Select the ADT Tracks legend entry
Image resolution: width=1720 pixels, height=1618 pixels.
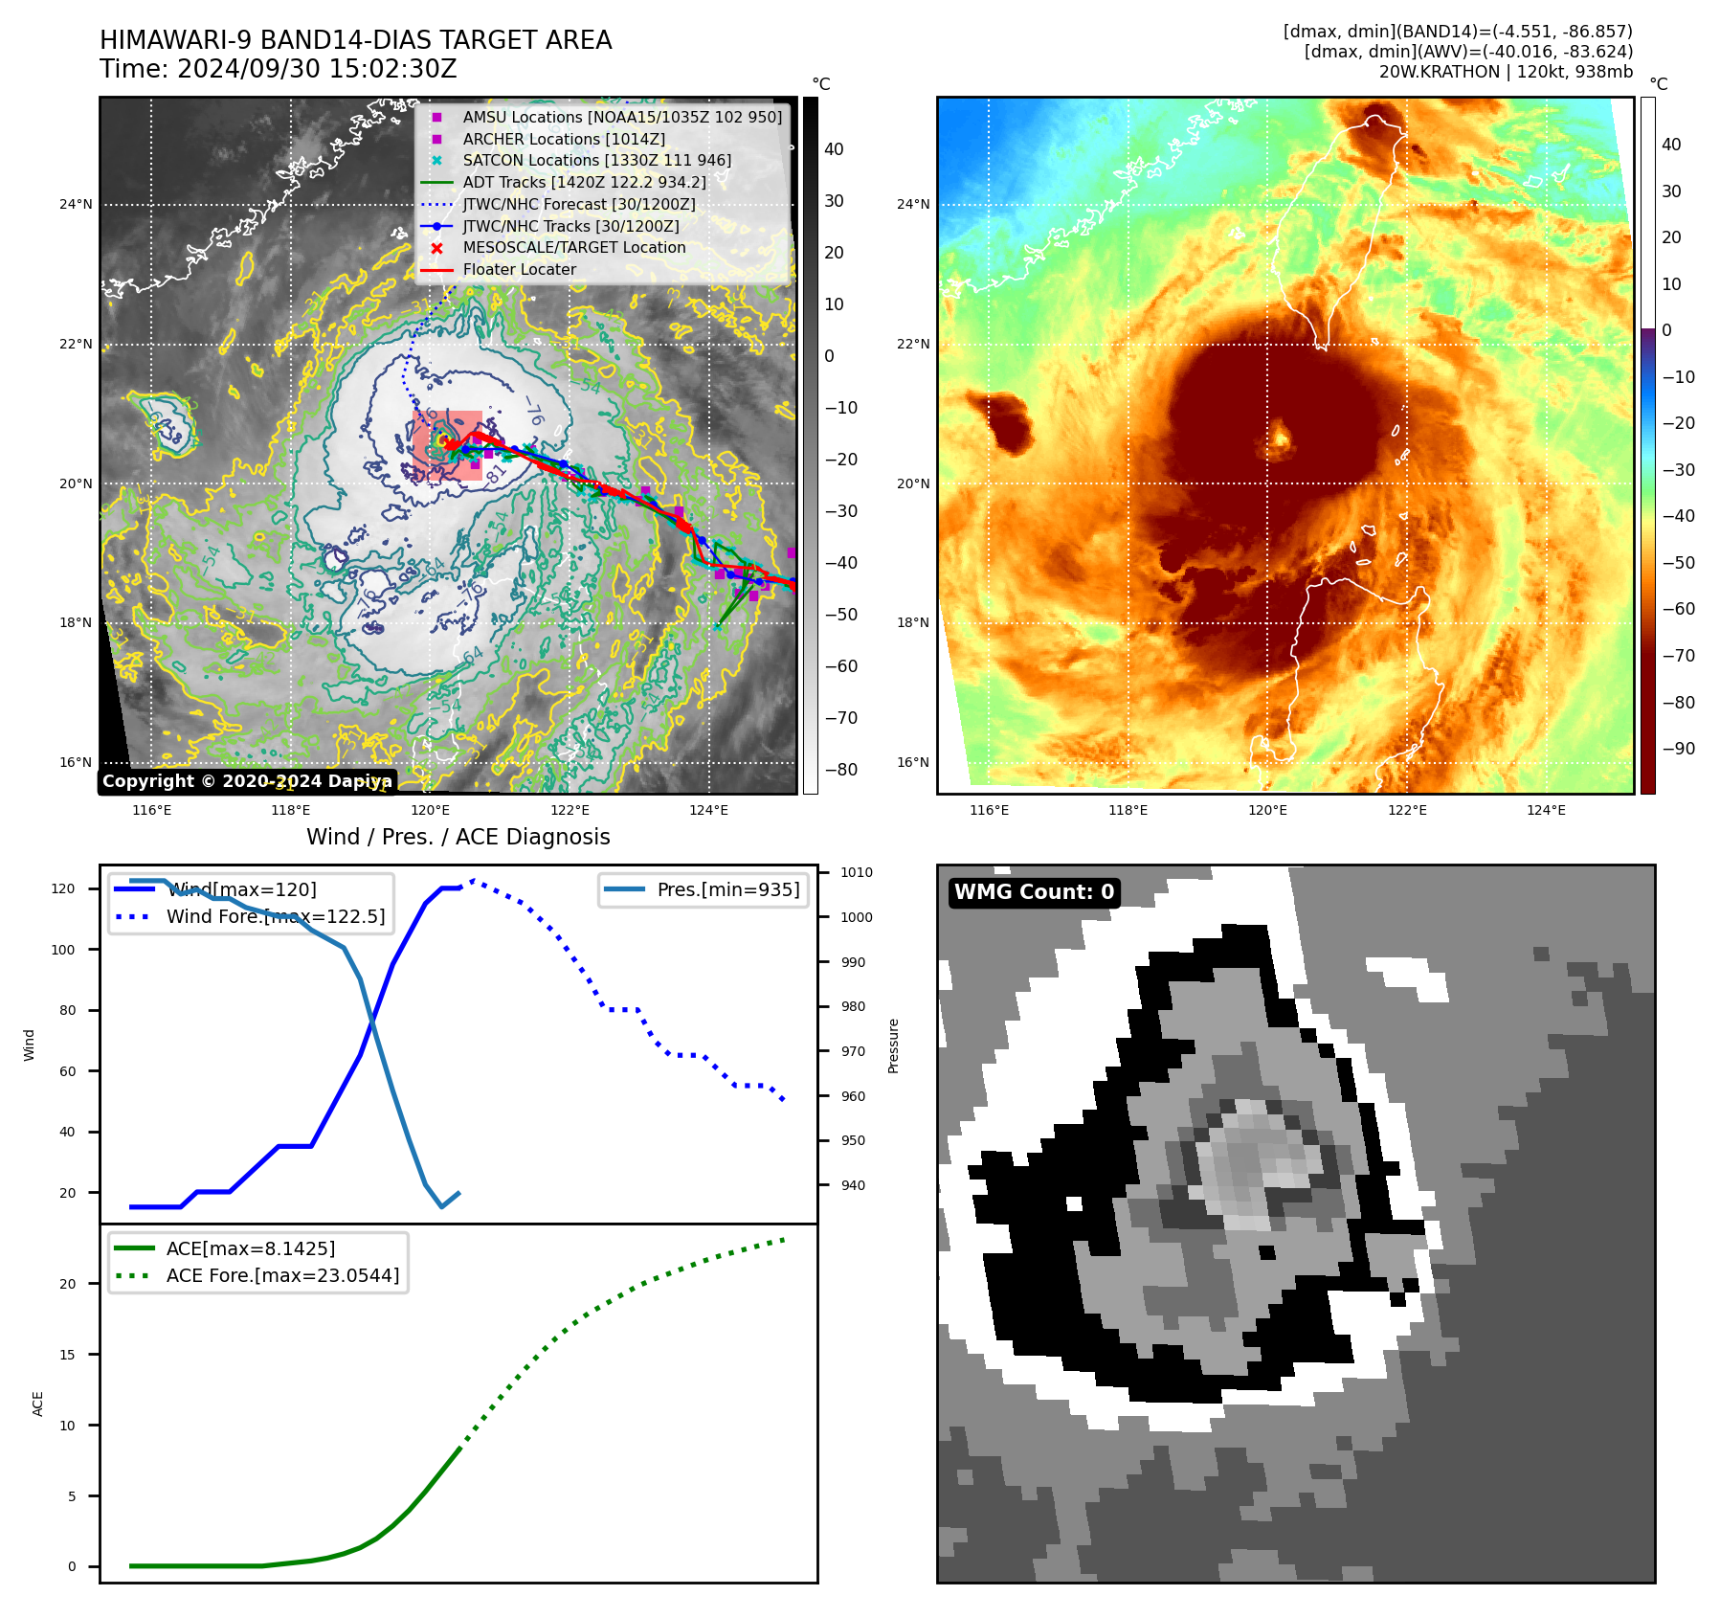[x=584, y=182]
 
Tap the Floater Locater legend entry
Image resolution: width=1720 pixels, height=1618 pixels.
[x=519, y=269]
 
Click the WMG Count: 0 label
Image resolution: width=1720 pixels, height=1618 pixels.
[x=1034, y=892]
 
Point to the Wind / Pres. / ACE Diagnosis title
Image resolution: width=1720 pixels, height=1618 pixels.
[x=458, y=837]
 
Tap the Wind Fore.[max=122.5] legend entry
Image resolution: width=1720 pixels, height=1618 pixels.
[x=276, y=916]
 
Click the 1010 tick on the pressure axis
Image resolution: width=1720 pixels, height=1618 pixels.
[x=856, y=872]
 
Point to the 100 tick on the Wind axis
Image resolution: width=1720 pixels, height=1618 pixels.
[x=62, y=950]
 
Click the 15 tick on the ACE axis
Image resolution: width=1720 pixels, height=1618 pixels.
[x=67, y=1355]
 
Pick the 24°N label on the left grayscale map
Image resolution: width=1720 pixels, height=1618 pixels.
[x=76, y=204]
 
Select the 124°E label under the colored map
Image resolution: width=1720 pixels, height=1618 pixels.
[x=1546, y=810]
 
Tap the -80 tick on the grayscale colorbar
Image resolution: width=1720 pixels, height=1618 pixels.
[x=841, y=770]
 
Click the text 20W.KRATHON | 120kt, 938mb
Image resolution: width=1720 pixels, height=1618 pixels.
[x=1506, y=72]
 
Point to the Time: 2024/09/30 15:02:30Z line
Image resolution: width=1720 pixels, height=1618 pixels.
[x=278, y=69]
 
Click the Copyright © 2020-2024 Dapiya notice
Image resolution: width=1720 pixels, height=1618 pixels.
[x=247, y=781]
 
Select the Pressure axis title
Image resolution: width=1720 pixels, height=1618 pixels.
[x=893, y=1045]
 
